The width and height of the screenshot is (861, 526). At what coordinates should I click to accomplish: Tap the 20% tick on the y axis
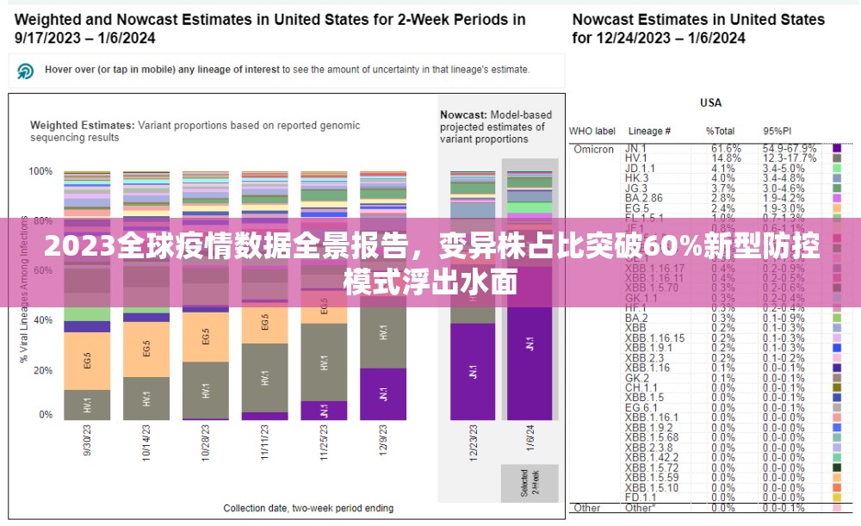40,370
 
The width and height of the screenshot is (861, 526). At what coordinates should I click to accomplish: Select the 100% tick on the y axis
40,171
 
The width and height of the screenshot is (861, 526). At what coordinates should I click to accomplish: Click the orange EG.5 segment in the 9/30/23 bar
87,360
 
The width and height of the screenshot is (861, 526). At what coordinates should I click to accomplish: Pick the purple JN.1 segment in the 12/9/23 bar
383,394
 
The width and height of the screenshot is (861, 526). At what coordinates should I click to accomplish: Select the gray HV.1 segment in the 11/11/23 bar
264,377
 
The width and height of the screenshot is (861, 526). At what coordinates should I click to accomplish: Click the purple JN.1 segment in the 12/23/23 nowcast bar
473,371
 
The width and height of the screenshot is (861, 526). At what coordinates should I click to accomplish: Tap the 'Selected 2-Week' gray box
530,483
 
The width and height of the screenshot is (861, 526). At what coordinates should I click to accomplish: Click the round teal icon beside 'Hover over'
26,71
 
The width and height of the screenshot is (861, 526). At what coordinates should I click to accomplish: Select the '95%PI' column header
776,131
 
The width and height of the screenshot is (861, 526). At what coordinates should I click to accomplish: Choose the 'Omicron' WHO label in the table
593,150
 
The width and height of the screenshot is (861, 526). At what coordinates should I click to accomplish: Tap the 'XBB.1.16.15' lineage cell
655,338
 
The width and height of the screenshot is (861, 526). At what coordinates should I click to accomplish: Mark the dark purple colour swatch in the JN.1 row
836,150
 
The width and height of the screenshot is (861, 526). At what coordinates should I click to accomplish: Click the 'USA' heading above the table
710,103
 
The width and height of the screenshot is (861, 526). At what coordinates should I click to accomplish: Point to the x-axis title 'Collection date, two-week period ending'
308,509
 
